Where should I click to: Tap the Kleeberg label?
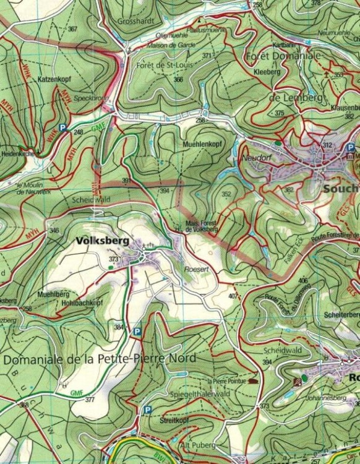coord(267,72)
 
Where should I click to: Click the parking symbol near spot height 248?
coord(62,128)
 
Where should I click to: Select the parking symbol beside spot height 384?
coord(137,332)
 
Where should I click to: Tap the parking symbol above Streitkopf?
coord(147,410)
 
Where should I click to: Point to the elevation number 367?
coord(73,29)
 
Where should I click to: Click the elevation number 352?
coord(226,194)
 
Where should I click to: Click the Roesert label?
coord(194,269)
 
